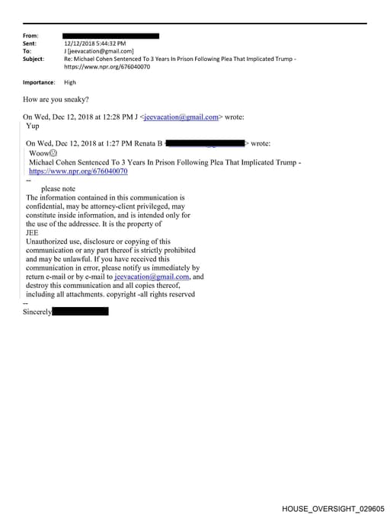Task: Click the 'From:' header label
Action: (30, 36)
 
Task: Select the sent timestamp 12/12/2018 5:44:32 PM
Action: (94, 43)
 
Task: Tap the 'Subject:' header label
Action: (34, 59)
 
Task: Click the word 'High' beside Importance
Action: (70, 82)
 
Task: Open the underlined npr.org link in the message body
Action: (78, 171)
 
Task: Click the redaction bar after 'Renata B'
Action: (205, 142)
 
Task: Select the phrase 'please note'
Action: (58, 188)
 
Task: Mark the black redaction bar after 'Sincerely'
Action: (80, 312)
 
